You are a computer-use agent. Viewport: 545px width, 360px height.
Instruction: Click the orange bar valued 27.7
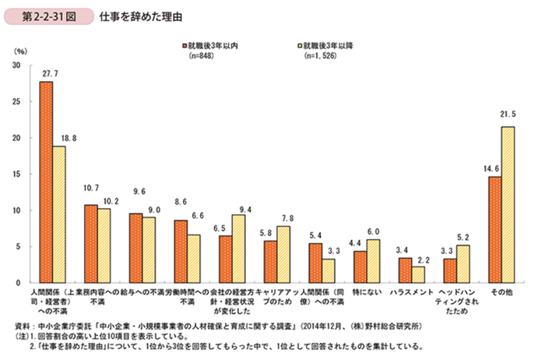click(46, 182)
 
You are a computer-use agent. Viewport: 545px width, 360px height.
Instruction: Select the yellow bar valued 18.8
click(59, 214)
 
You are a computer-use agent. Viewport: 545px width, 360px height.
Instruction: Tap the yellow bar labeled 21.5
click(508, 204)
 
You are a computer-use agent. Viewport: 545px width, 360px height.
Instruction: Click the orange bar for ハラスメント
click(405, 270)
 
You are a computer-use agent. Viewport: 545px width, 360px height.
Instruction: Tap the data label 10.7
click(91, 189)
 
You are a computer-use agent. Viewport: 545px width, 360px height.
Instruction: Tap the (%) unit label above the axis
click(21, 50)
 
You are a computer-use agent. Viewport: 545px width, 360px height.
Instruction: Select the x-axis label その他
click(501, 293)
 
